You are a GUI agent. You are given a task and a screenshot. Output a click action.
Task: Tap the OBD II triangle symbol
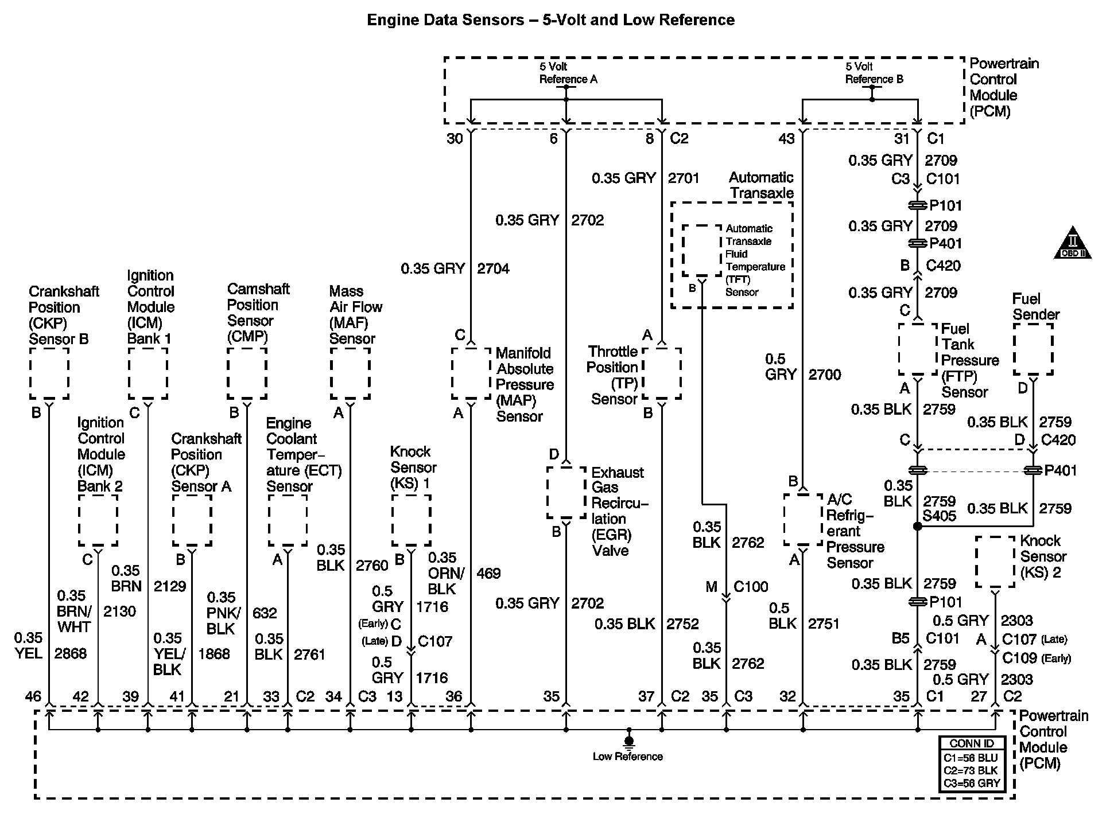(x=1072, y=245)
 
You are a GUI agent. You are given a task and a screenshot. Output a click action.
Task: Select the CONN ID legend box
(x=972, y=764)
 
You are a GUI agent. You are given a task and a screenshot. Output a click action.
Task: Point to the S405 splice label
(x=939, y=516)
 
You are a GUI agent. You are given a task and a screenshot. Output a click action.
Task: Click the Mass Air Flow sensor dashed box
(x=350, y=373)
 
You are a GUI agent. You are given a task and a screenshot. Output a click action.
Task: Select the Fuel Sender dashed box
(x=1033, y=349)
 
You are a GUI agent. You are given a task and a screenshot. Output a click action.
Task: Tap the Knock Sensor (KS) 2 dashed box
(x=995, y=562)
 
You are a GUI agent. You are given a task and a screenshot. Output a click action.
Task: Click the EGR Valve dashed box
(x=566, y=492)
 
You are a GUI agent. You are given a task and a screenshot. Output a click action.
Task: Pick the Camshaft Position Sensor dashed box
(x=247, y=373)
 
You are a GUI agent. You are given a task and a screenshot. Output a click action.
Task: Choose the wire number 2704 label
(x=493, y=268)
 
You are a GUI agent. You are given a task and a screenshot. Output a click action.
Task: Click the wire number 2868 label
(x=70, y=653)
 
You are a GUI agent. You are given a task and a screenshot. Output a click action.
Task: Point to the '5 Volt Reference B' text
(x=874, y=73)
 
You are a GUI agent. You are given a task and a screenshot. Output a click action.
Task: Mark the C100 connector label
(x=751, y=587)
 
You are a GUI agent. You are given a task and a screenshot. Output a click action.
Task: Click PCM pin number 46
(x=33, y=696)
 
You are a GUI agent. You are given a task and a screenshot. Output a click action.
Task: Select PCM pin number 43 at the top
(x=786, y=139)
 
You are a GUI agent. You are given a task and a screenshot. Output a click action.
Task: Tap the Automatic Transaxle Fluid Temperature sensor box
(x=701, y=250)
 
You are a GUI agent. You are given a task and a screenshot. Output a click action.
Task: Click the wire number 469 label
(x=488, y=573)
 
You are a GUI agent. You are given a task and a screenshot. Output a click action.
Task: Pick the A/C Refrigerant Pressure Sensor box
(x=803, y=519)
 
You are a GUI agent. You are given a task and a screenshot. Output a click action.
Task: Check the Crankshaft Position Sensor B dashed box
(x=49, y=373)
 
